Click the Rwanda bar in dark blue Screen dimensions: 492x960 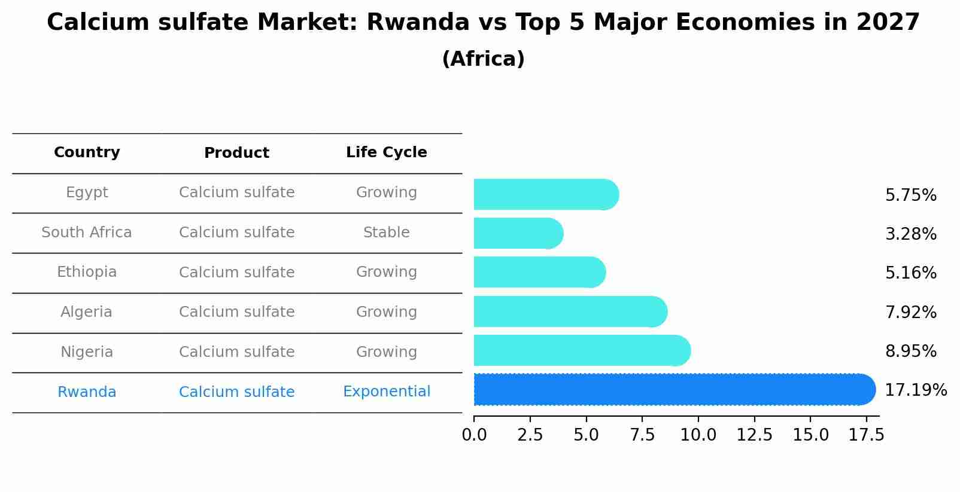coord(674,390)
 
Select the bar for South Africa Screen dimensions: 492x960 coord(518,233)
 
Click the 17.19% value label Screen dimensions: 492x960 coord(916,390)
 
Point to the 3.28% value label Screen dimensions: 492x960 coord(910,234)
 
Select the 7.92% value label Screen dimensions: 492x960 coord(910,312)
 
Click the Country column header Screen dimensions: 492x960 coord(87,152)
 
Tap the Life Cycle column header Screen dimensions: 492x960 coord(387,152)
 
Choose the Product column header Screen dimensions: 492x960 coord(236,153)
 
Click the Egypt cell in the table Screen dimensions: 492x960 coord(87,192)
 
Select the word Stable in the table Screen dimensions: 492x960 coord(387,233)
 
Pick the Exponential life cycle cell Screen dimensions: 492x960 coord(387,392)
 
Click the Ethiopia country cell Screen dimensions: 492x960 coord(87,272)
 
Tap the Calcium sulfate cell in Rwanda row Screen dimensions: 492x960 coord(236,392)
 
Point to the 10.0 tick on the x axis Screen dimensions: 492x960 coord(698,435)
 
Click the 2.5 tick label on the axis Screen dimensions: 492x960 coord(530,435)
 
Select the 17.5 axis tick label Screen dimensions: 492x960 coord(866,435)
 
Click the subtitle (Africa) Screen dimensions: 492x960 coord(483,59)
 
